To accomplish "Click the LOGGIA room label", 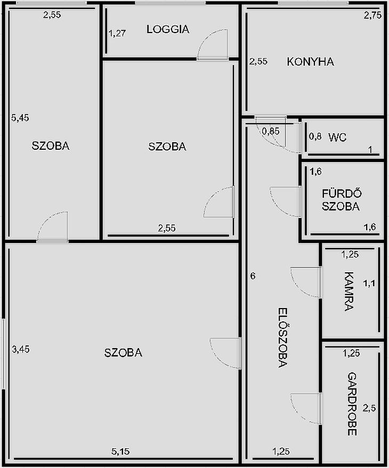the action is (168, 29).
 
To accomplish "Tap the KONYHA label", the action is (310, 62).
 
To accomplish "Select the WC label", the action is (337, 138).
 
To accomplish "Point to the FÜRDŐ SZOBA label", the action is (341, 200).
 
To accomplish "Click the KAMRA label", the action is (349, 292).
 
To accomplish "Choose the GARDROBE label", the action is (352, 404).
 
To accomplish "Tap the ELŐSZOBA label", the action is (282, 337).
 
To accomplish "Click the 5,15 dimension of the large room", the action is (120, 451).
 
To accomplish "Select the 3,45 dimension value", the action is (21, 349).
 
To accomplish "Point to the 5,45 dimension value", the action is (20, 118).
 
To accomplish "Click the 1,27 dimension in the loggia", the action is (117, 33).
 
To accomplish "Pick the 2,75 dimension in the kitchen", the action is (372, 15).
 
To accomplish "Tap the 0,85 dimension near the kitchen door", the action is (271, 131).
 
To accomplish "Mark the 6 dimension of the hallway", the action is (253, 276).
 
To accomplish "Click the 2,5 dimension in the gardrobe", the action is (369, 408).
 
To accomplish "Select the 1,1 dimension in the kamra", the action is (369, 283).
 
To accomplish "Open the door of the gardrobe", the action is (306, 409).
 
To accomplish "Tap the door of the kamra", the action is (306, 283).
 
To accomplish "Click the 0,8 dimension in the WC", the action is (315, 136).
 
